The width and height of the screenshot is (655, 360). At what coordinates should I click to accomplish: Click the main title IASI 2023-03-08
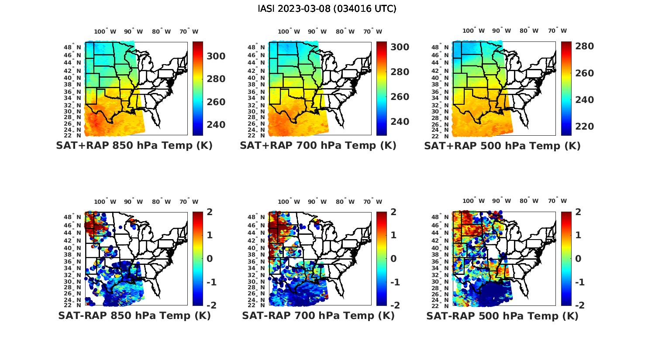(x=327, y=8)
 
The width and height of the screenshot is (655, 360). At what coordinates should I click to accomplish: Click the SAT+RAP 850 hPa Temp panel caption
(x=134, y=145)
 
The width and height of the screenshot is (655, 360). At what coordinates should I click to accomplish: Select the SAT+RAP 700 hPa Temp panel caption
(x=318, y=145)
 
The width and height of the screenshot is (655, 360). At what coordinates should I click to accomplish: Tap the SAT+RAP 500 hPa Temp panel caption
(x=502, y=145)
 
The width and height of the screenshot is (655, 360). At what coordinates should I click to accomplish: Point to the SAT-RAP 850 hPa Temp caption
(x=134, y=315)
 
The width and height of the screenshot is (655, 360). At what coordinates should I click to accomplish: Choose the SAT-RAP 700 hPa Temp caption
(x=318, y=315)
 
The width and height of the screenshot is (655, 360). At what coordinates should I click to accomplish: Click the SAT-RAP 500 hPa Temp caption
(x=502, y=315)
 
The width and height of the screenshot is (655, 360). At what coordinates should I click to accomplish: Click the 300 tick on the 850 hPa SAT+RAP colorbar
(x=216, y=56)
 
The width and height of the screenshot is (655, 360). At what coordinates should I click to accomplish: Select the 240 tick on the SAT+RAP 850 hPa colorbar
(x=216, y=125)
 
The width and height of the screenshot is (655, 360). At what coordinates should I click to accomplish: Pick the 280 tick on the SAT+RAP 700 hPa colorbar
(x=400, y=72)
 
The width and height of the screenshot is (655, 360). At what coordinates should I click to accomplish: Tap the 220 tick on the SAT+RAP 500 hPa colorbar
(x=584, y=127)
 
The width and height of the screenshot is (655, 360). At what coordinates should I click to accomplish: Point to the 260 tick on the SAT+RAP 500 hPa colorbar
(x=584, y=73)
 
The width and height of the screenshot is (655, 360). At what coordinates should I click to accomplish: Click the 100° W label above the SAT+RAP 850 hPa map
(x=105, y=31)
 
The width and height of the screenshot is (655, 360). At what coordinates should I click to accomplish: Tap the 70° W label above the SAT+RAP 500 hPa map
(x=557, y=31)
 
